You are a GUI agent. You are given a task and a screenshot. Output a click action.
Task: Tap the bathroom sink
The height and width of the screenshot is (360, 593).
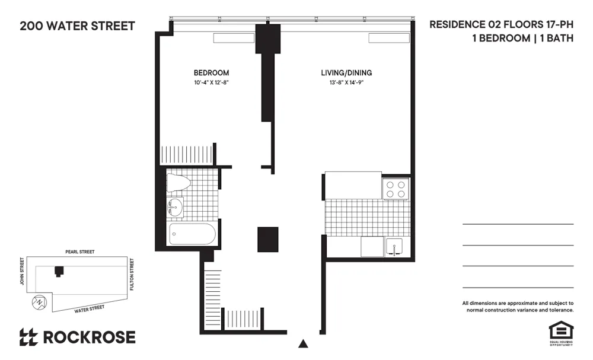click(176, 207)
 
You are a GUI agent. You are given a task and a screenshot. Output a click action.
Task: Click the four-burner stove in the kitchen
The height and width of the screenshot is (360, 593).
click(396, 189)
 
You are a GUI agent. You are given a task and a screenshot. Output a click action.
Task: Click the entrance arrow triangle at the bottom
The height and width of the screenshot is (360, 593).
click(304, 343)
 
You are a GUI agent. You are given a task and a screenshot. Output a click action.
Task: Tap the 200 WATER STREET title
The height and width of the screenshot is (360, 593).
click(77, 26)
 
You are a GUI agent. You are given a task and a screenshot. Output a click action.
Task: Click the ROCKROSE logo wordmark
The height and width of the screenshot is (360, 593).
click(88, 337)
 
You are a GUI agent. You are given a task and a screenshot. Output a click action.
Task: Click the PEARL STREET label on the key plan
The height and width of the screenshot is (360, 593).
click(79, 252)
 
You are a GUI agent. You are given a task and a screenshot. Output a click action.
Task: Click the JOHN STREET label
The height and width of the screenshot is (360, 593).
click(22, 272)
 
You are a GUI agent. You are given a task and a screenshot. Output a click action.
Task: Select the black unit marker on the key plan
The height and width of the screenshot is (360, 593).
click(58, 271)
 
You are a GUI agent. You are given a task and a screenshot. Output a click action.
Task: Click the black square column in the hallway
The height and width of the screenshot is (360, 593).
click(267, 240)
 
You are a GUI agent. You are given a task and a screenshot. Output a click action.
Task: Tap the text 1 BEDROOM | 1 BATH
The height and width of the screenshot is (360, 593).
click(522, 39)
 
